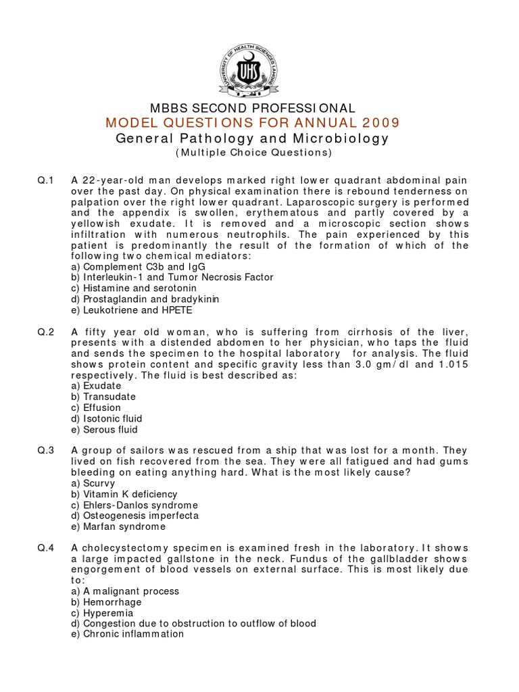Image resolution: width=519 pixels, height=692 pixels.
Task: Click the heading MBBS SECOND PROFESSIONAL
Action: (252, 108)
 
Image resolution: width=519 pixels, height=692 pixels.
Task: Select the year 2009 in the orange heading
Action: (376, 122)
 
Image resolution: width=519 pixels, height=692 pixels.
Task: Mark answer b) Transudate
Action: (103, 397)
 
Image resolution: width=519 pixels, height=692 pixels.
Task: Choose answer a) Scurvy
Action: (93, 483)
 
